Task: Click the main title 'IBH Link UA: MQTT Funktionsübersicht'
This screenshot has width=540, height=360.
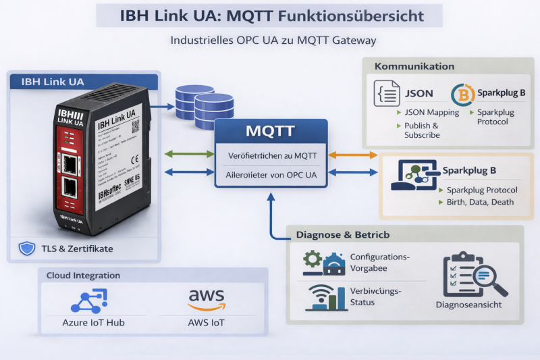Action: pos(269,15)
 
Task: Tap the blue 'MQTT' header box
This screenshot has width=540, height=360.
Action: pos(270,130)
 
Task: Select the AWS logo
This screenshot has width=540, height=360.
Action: pos(206,297)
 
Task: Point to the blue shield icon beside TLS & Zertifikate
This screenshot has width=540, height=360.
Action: pos(26,249)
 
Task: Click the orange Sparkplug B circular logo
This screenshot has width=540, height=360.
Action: pos(462,95)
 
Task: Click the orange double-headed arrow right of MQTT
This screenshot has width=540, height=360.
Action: pos(353,155)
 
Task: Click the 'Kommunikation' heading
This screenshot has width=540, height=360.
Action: pos(414,66)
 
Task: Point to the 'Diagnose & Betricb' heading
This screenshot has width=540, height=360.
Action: pos(343,235)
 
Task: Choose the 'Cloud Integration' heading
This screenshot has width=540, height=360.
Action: pos(83,276)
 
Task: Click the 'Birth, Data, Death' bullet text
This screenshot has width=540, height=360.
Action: pos(480,202)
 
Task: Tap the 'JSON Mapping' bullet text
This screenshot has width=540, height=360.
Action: pos(431,112)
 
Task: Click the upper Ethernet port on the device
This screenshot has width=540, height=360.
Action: pos(70,162)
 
